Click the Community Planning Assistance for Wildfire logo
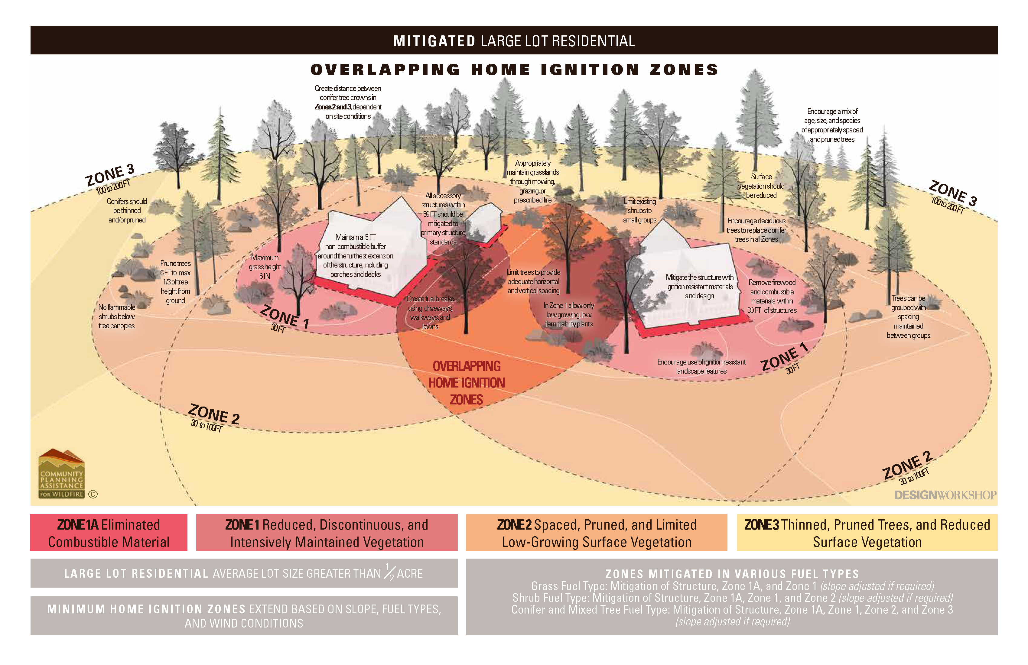click(x=61, y=474)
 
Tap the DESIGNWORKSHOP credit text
click(x=945, y=495)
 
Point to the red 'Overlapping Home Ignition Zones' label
click(x=467, y=383)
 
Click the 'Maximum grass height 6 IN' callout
click(x=265, y=266)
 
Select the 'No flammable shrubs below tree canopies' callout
click(x=117, y=316)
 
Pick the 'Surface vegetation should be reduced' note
click(x=761, y=186)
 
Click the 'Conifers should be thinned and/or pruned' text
click(x=127, y=210)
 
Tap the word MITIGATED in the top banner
click(x=434, y=41)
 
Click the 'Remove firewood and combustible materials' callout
click(x=772, y=296)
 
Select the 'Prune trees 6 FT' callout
click(x=175, y=281)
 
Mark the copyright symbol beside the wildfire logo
click(x=93, y=495)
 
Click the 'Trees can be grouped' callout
click(x=908, y=316)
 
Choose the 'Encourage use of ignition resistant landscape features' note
click(x=701, y=366)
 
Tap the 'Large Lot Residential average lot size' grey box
click(x=244, y=573)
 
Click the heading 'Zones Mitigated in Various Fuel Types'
click(x=732, y=574)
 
